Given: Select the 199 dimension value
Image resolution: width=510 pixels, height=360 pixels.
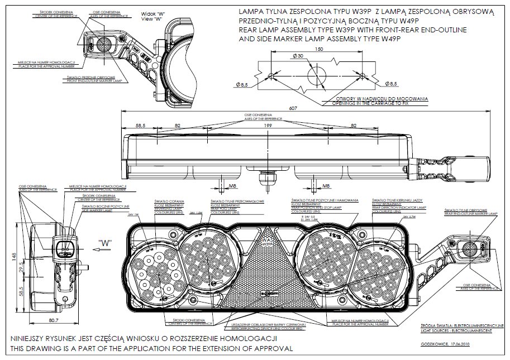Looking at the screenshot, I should [268, 126].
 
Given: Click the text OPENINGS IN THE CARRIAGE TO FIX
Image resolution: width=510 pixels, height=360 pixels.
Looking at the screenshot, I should [379, 103].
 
